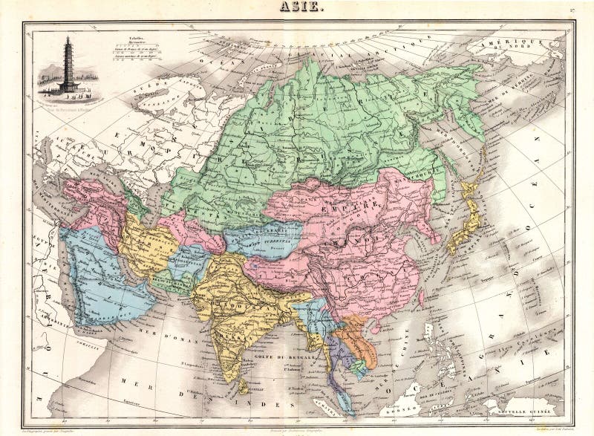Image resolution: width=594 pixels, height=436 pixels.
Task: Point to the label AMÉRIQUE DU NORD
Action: (529, 49)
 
